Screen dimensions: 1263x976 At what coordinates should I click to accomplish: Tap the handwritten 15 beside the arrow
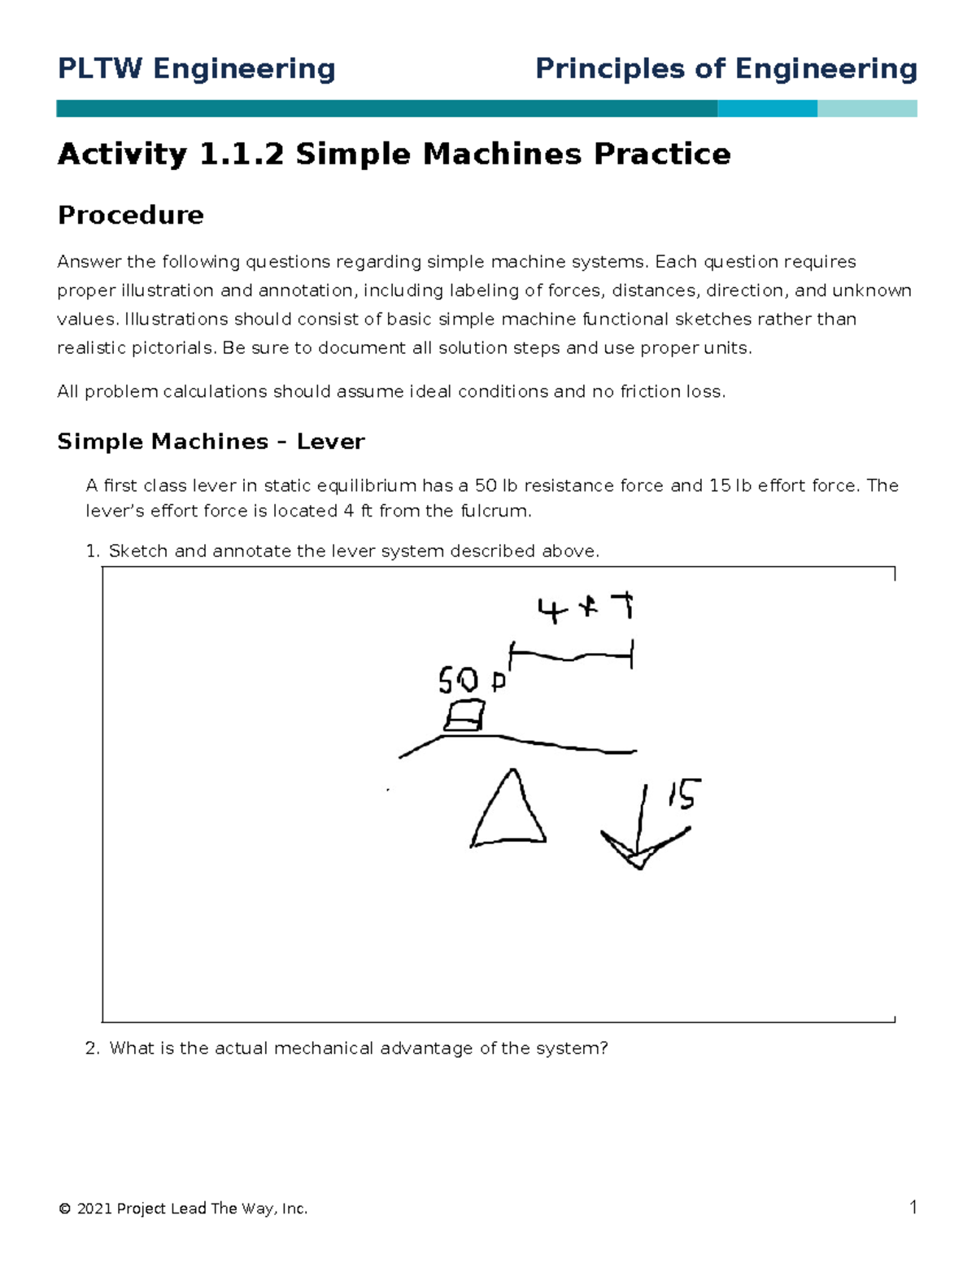tap(684, 794)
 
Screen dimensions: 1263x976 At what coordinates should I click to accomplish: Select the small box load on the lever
tap(464, 716)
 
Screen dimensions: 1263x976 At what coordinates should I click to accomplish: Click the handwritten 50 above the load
tap(459, 679)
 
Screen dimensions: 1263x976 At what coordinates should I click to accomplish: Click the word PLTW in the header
tap(98, 69)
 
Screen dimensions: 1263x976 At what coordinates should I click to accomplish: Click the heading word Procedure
tap(130, 216)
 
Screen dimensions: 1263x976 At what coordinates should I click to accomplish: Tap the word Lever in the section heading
tap(330, 442)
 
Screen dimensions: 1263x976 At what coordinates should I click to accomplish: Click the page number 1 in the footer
tap(913, 1207)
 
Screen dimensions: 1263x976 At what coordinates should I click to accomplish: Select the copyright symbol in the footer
tap(64, 1209)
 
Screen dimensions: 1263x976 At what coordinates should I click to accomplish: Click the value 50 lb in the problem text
tap(496, 486)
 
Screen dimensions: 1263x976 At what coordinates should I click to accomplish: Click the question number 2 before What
tap(92, 1048)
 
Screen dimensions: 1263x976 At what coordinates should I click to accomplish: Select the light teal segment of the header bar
tap(867, 109)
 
